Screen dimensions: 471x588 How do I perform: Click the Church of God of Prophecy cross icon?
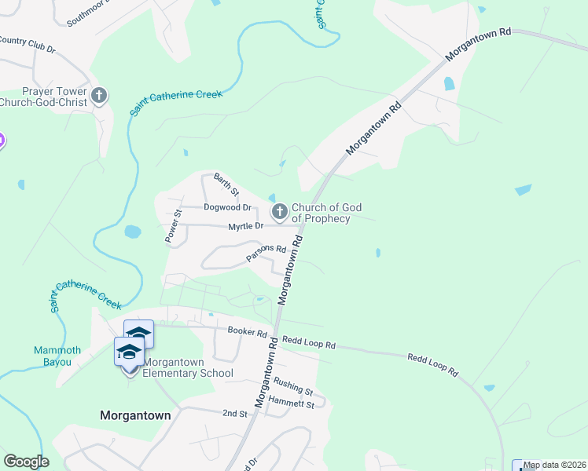(x=279, y=212)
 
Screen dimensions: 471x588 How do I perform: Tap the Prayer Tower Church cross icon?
(x=99, y=97)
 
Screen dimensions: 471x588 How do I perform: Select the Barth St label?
(x=226, y=184)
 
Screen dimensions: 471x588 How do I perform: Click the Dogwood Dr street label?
(x=227, y=208)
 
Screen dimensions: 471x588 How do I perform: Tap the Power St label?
(x=172, y=226)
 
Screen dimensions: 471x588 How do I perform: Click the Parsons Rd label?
(x=266, y=252)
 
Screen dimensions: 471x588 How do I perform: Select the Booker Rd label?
(x=248, y=331)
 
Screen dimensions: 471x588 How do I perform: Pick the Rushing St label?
(x=293, y=386)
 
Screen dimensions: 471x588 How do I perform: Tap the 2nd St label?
(x=234, y=413)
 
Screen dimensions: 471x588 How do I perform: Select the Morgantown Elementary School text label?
(x=188, y=367)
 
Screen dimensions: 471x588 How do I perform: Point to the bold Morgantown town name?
(x=135, y=415)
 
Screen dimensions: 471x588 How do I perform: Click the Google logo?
(x=26, y=462)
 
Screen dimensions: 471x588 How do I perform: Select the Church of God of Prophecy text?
(x=326, y=213)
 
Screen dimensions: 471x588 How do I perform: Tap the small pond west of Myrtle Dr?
(x=133, y=232)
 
